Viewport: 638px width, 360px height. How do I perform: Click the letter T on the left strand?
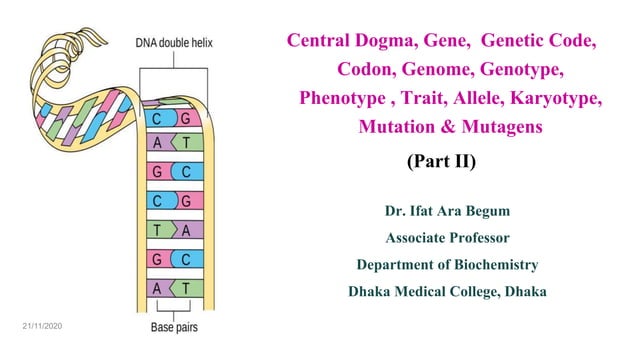(158, 228)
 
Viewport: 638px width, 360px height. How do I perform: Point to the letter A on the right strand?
(185, 228)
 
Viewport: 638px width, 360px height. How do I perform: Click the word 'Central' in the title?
(321, 43)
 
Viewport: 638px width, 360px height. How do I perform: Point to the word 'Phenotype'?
(345, 100)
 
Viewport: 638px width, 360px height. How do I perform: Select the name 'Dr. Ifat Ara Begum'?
(447, 211)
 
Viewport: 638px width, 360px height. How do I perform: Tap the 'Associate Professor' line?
(447, 238)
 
